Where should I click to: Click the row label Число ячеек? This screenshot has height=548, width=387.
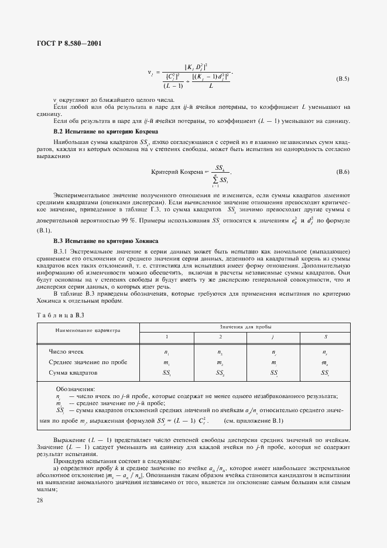66,351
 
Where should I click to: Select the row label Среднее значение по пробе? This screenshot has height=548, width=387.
88,362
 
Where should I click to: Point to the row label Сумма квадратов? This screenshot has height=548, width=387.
73,372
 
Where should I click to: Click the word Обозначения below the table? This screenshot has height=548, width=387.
75,388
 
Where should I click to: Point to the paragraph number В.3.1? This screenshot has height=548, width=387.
61,251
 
